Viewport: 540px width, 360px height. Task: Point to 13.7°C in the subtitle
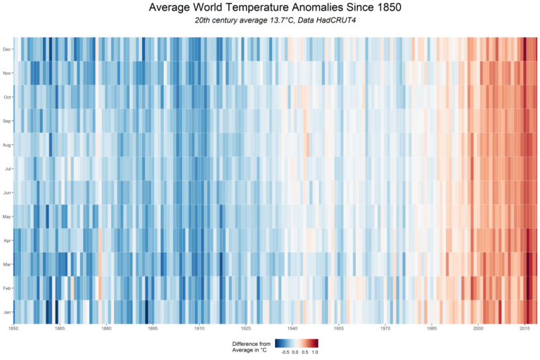(x=275, y=20)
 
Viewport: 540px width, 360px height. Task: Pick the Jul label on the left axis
(x=8, y=169)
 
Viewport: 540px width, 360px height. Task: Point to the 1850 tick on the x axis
(x=13, y=328)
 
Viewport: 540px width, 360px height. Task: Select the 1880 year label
(x=106, y=328)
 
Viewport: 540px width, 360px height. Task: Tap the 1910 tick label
(x=199, y=328)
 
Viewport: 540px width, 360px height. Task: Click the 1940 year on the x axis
(x=292, y=328)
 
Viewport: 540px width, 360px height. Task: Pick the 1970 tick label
(x=385, y=328)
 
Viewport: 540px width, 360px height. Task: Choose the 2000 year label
(x=478, y=328)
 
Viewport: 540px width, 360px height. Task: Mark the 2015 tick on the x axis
(x=525, y=328)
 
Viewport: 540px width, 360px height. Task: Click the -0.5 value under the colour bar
(x=284, y=351)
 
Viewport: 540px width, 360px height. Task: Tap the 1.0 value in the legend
(x=314, y=351)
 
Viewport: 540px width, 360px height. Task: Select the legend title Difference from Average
(x=250, y=346)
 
